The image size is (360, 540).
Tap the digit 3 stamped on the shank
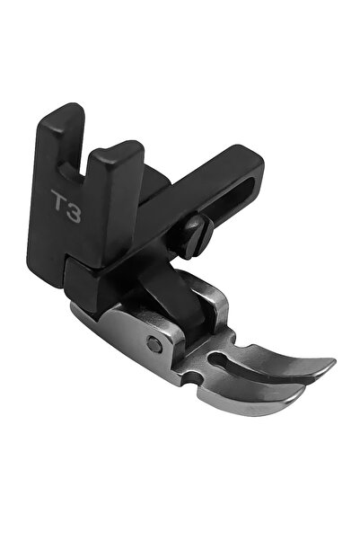click(x=74, y=211)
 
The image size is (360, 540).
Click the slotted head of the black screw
click(x=195, y=236)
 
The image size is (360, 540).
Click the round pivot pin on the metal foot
click(x=155, y=345)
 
